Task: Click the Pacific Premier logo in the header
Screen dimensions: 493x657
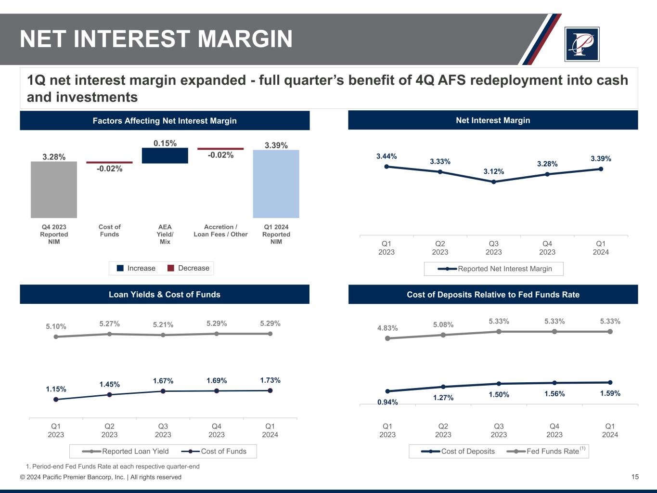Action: point(582,44)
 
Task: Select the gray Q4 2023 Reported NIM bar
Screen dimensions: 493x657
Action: point(54,190)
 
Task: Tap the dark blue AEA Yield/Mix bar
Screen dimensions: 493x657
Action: point(165,156)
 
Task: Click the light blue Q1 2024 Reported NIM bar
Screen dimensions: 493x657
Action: point(276,184)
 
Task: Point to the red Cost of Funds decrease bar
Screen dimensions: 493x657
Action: point(109,163)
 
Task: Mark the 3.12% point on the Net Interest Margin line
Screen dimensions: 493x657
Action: point(494,182)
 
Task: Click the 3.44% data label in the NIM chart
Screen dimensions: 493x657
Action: point(386,156)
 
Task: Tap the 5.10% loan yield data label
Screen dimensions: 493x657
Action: point(56,326)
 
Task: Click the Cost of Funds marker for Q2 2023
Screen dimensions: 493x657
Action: point(109,395)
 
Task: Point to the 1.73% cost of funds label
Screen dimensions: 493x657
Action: point(270,380)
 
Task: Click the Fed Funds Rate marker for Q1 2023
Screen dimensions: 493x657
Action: point(387,338)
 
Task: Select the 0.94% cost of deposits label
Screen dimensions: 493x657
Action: point(387,402)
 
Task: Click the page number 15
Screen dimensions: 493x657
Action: point(635,477)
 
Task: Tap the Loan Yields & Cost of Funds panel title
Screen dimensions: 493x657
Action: point(165,295)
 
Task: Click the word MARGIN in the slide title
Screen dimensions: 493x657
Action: point(245,39)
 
